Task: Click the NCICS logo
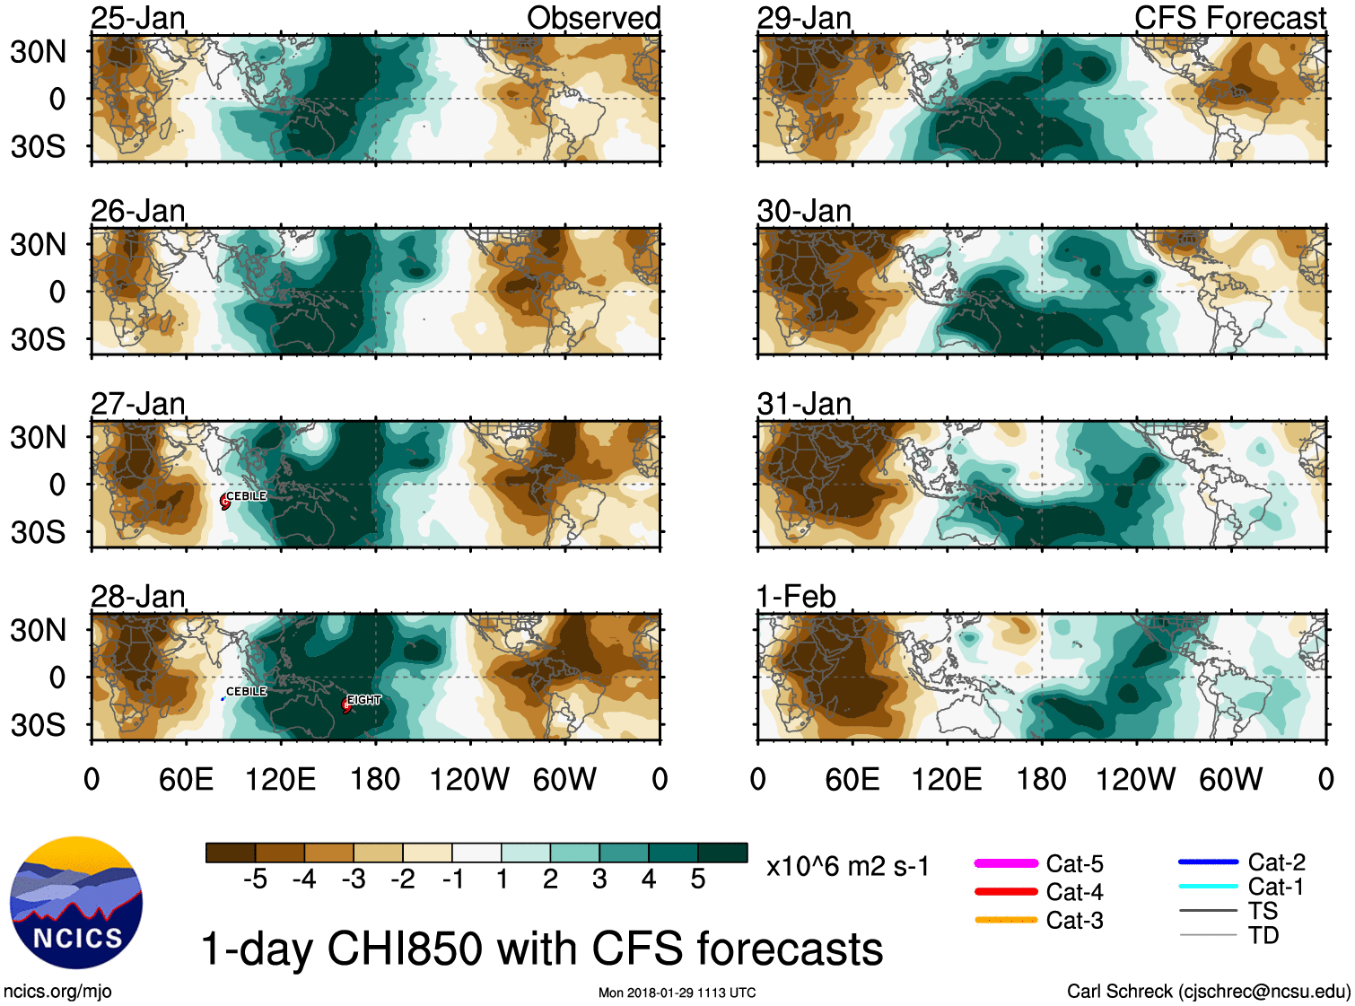(76, 903)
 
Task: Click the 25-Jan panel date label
(138, 18)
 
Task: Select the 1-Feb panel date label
(796, 597)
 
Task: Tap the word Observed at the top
(593, 18)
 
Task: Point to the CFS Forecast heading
(1229, 18)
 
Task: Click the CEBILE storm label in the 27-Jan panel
(246, 496)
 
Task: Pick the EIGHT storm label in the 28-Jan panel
(364, 700)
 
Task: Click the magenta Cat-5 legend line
(1006, 863)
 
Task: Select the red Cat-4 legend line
(1006, 892)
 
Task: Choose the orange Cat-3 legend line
(1006, 920)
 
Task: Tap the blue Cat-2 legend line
(1208, 862)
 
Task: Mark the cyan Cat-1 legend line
(1208, 887)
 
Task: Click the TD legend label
(1263, 936)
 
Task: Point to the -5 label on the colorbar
(255, 879)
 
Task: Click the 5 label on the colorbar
(698, 879)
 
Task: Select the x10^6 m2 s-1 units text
(847, 867)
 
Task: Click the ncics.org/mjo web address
(57, 992)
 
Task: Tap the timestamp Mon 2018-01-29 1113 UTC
(677, 993)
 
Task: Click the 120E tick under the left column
(280, 779)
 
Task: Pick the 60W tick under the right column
(1230, 779)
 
